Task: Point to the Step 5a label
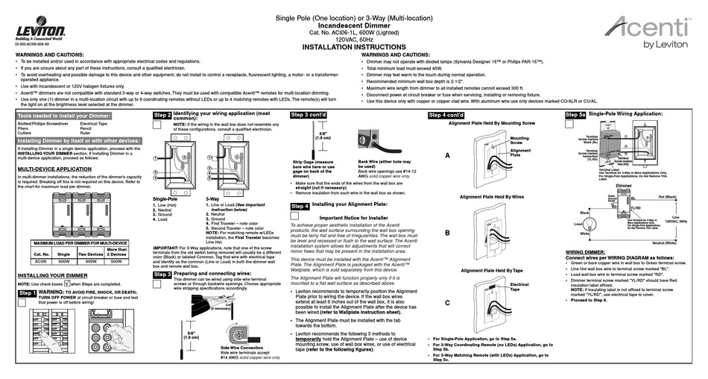point(575,115)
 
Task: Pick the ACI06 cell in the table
point(42,261)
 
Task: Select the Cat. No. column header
point(42,254)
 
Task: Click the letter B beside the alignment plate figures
point(446,233)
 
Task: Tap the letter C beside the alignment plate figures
point(446,302)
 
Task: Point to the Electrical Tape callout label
point(519,286)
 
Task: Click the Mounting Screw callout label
point(519,140)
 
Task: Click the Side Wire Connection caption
point(241,348)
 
